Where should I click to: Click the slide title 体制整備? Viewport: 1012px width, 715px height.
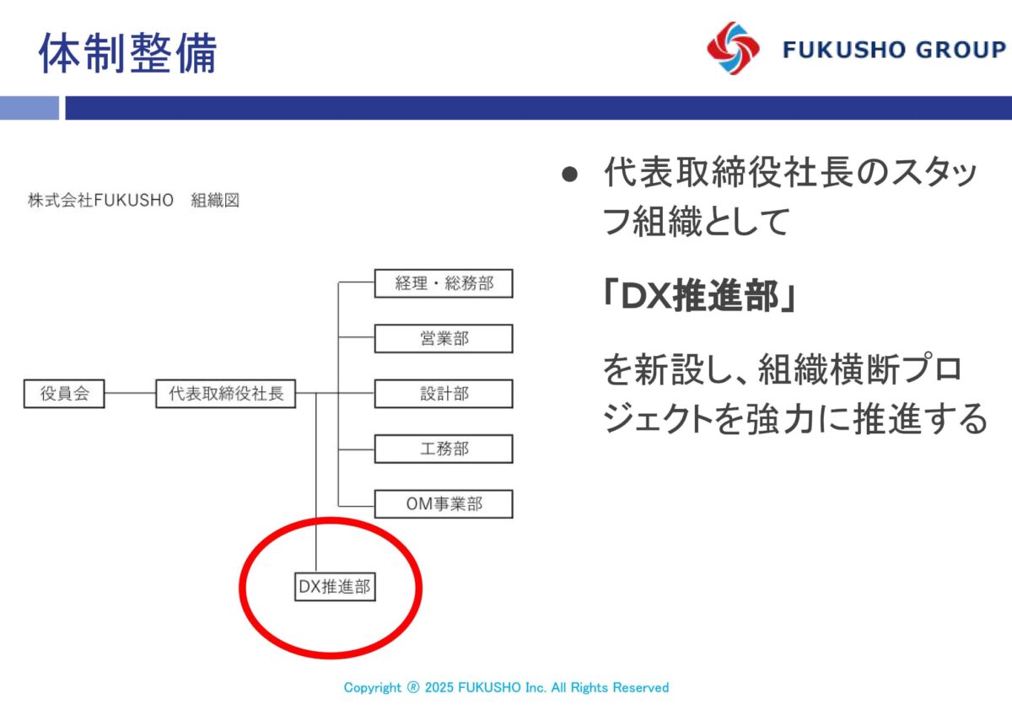(x=128, y=53)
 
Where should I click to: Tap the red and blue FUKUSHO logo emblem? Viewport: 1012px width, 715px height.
(x=733, y=48)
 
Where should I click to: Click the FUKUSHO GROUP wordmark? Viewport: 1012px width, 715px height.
(x=895, y=49)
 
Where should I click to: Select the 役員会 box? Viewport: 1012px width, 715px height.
(x=64, y=394)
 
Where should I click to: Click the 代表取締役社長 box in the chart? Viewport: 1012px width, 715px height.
(x=226, y=394)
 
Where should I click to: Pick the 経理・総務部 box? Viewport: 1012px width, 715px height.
(x=444, y=283)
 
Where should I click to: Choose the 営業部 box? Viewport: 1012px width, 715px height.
(x=444, y=338)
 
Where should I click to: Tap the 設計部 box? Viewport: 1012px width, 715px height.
(x=444, y=394)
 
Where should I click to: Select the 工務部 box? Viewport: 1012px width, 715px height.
(x=444, y=449)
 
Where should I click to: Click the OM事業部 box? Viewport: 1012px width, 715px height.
(x=444, y=503)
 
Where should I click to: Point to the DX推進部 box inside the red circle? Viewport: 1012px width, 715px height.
(x=335, y=586)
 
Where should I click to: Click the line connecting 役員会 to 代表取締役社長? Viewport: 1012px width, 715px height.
(x=130, y=393)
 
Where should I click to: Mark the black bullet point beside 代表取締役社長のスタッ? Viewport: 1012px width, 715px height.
(x=569, y=175)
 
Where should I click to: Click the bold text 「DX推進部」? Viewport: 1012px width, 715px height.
(x=699, y=296)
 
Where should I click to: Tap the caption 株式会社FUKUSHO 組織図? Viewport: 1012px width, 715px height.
(x=134, y=200)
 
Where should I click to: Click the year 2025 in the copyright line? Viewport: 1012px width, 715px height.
(x=439, y=687)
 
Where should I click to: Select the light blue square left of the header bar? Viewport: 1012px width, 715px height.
(x=30, y=108)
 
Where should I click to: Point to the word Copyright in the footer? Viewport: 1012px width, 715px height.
(x=372, y=688)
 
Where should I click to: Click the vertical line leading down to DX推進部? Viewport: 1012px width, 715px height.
(x=315, y=482)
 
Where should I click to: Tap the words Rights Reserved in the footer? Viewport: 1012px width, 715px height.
(x=619, y=687)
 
